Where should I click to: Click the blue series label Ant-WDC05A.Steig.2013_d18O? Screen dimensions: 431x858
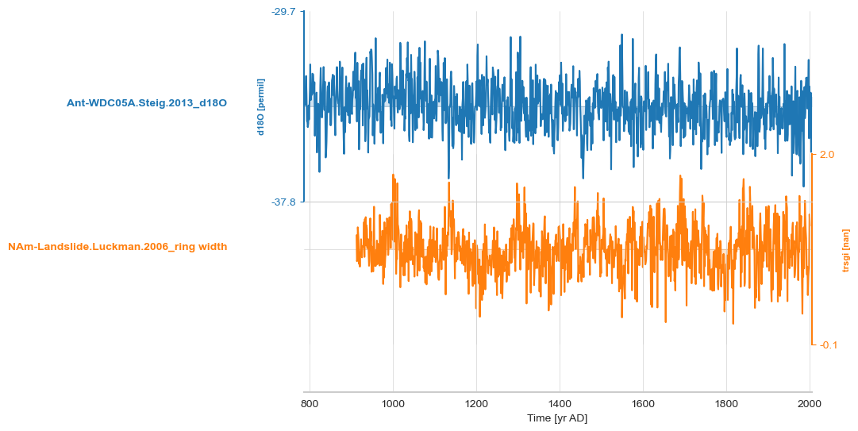pyautogui.click(x=147, y=102)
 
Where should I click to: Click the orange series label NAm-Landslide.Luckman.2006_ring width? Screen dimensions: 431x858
pyautogui.click(x=117, y=247)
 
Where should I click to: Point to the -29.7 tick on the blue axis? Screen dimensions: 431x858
pyautogui.click(x=283, y=12)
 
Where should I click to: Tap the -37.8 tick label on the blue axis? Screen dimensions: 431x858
pyautogui.click(x=283, y=202)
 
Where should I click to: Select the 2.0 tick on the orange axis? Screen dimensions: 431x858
pyautogui.click(x=827, y=155)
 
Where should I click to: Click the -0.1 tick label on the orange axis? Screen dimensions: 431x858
pyautogui.click(x=829, y=345)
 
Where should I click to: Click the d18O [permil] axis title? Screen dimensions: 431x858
pyautogui.click(x=260, y=107)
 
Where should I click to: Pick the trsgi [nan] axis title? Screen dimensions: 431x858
pyautogui.click(x=846, y=250)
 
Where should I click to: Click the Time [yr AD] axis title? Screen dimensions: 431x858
pyautogui.click(x=557, y=418)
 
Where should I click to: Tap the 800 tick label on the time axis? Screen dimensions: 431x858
pyautogui.click(x=310, y=404)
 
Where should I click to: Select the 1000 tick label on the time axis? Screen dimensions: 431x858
pyautogui.click(x=393, y=404)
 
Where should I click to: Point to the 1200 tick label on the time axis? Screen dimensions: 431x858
pyautogui.click(x=476, y=404)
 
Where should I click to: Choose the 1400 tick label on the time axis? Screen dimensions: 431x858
pyautogui.click(x=560, y=404)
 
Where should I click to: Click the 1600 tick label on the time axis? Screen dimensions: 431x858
pyautogui.click(x=643, y=404)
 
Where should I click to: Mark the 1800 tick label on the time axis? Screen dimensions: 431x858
pyautogui.click(x=726, y=404)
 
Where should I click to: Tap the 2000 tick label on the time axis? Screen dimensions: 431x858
pyautogui.click(x=810, y=404)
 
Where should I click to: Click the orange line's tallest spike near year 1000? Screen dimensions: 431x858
pyautogui.click(x=394, y=175)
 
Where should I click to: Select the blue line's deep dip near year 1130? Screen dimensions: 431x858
pyautogui.click(x=448, y=178)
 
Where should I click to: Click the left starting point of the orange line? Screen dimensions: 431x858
pyautogui.click(x=357, y=238)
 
